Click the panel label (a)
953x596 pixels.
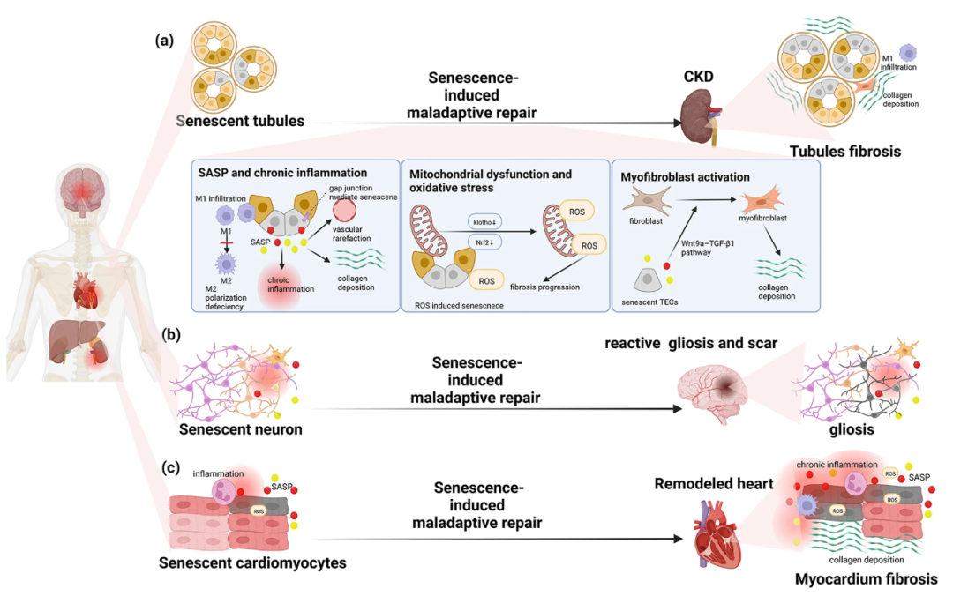point(163,41)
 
